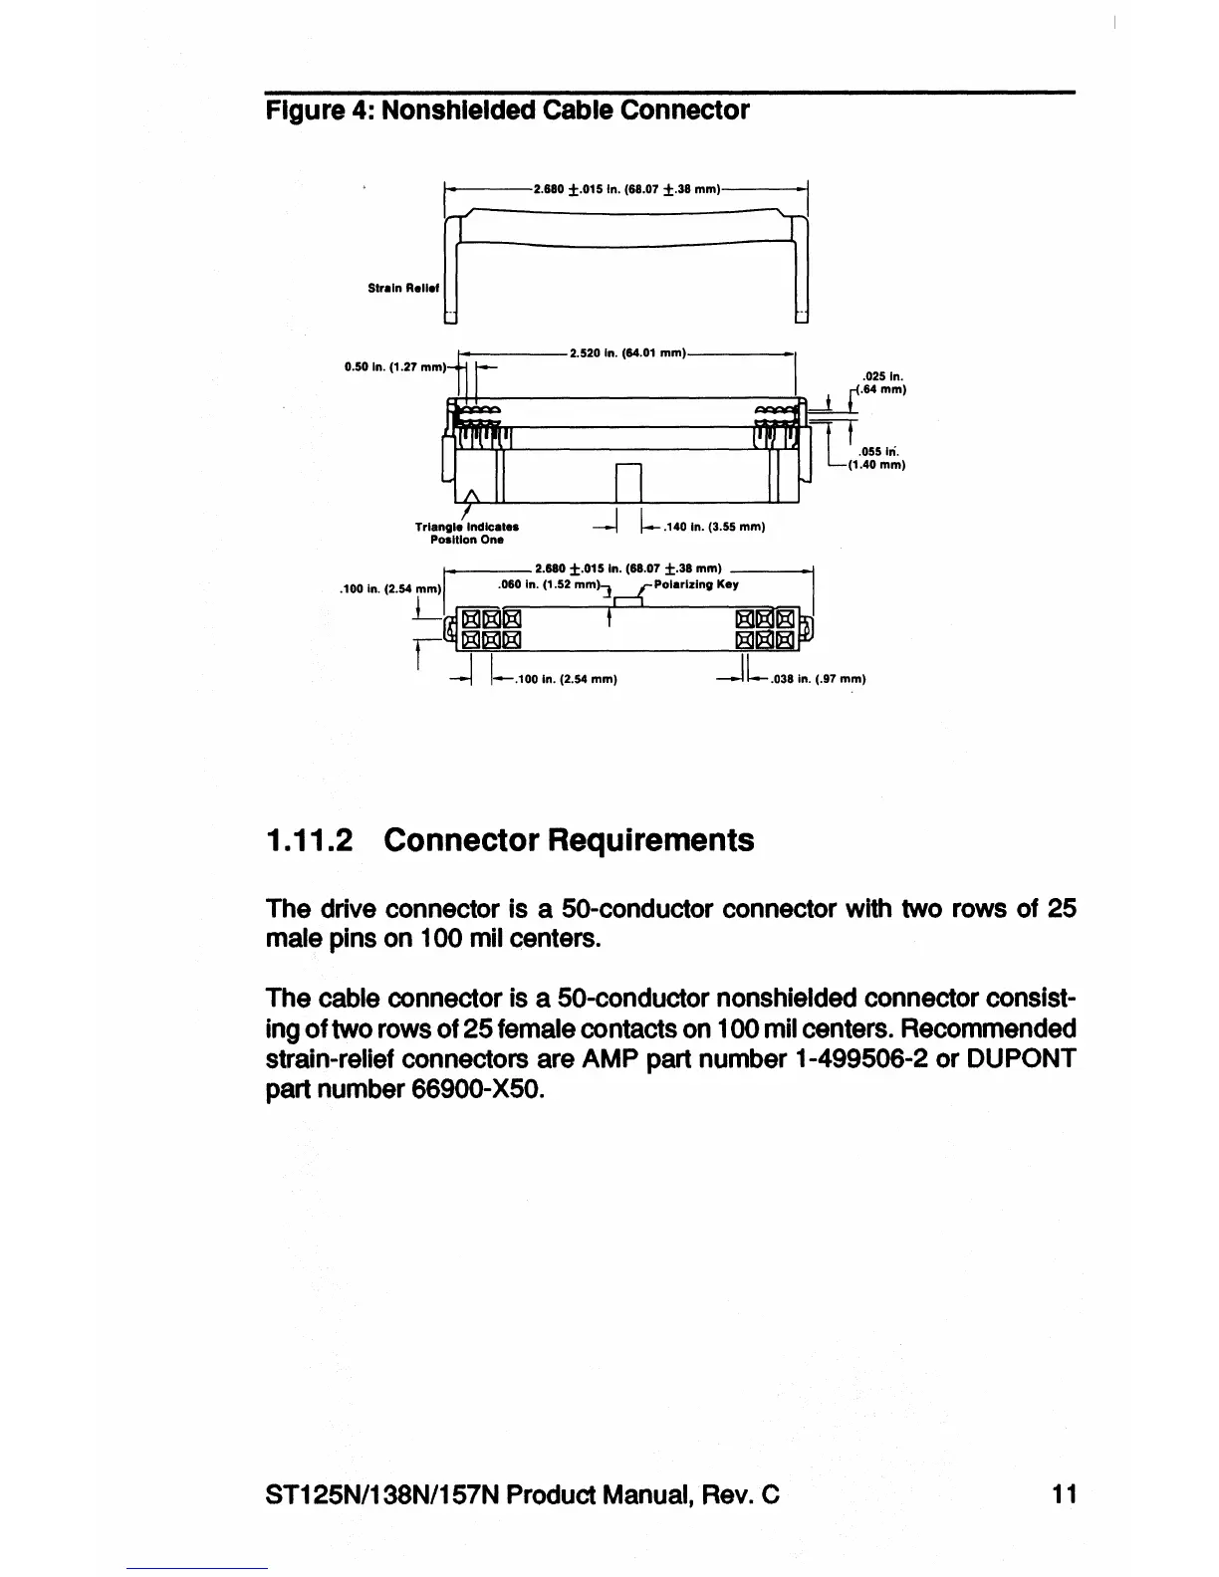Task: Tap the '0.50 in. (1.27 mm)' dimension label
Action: [x=394, y=365]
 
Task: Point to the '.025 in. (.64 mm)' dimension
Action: [x=879, y=382]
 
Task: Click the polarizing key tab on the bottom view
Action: [x=627, y=601]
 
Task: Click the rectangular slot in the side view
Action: [x=629, y=484]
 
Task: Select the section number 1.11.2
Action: [x=310, y=840]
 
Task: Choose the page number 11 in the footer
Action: [x=1063, y=1493]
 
